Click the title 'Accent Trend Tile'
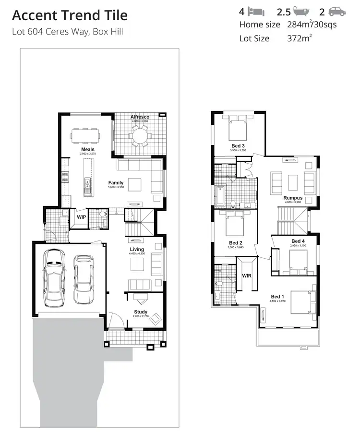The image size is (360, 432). pyautogui.click(x=70, y=15)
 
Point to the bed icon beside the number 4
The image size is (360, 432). pyautogui.click(x=258, y=12)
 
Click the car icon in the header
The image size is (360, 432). pyautogui.click(x=337, y=12)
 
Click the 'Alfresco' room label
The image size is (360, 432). pyautogui.click(x=140, y=117)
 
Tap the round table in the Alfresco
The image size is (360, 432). pyautogui.click(x=141, y=138)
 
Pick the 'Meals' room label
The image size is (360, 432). pyautogui.click(x=87, y=150)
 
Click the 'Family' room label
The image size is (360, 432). pyautogui.click(x=116, y=183)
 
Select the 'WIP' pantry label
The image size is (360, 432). pyautogui.click(x=81, y=217)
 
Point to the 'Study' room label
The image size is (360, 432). pyautogui.click(x=141, y=312)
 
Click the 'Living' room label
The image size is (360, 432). pyautogui.click(x=137, y=249)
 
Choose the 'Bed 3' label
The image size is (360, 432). pyautogui.click(x=238, y=146)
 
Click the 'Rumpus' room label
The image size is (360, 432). pyautogui.click(x=293, y=198)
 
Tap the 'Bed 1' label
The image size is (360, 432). pyautogui.click(x=278, y=296)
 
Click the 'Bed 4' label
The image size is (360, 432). pyautogui.click(x=298, y=241)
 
